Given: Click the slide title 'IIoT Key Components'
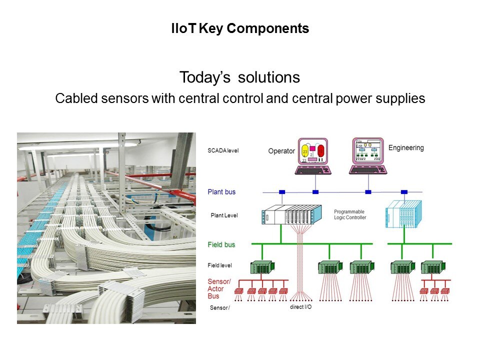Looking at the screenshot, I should click(240, 29).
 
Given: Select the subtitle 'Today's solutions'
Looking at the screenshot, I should click(239, 77).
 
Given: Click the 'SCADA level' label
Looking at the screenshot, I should click(223, 150).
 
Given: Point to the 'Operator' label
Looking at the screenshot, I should click(281, 151).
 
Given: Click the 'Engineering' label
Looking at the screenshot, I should click(406, 148).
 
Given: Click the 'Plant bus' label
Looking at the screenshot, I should click(221, 192).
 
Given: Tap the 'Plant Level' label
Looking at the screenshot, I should click(224, 215).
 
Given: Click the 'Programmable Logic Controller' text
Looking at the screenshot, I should click(350, 214).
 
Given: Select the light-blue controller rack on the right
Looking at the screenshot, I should click(403, 214).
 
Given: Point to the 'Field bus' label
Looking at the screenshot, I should click(221, 244).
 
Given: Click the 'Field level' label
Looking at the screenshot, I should click(220, 265).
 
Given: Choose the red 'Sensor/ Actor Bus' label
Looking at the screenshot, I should click(219, 289).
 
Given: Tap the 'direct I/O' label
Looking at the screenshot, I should click(300, 306).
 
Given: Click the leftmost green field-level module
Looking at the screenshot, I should click(261, 268).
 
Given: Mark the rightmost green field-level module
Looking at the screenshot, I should click(432, 268).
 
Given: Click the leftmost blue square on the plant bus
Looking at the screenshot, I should click(282, 192).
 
